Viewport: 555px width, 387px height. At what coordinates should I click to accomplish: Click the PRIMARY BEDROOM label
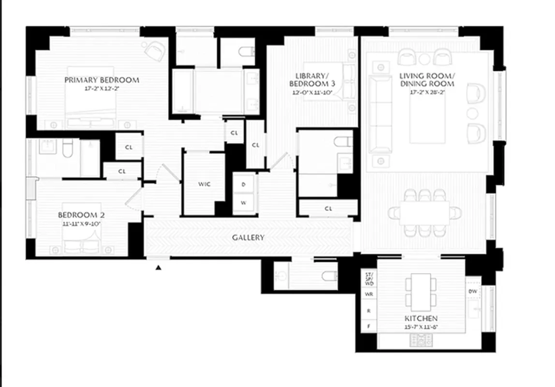click(102, 80)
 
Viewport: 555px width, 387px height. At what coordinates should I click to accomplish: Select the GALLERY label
click(248, 238)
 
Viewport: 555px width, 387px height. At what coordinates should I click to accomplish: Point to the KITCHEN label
click(421, 318)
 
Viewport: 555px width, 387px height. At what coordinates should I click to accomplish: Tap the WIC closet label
click(204, 184)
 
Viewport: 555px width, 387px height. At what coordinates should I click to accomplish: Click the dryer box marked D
click(243, 184)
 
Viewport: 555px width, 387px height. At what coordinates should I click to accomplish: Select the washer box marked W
click(243, 203)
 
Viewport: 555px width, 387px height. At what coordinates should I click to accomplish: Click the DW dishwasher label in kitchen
click(473, 291)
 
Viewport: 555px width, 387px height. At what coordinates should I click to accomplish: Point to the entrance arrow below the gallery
click(158, 267)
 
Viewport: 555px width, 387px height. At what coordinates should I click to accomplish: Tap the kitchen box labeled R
click(369, 310)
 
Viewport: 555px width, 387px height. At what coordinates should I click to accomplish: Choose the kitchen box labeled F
click(369, 327)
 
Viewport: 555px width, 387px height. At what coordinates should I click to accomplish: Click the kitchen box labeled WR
click(369, 294)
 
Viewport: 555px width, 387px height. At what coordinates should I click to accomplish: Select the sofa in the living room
click(380, 114)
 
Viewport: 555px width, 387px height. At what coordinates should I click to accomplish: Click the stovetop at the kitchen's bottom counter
click(421, 340)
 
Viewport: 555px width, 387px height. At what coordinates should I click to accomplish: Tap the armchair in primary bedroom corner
click(155, 51)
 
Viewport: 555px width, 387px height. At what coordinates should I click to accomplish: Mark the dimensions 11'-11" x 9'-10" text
click(82, 223)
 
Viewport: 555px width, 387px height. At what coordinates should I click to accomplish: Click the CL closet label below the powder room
click(328, 208)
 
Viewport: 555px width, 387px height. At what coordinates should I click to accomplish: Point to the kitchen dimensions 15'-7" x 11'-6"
click(421, 327)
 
